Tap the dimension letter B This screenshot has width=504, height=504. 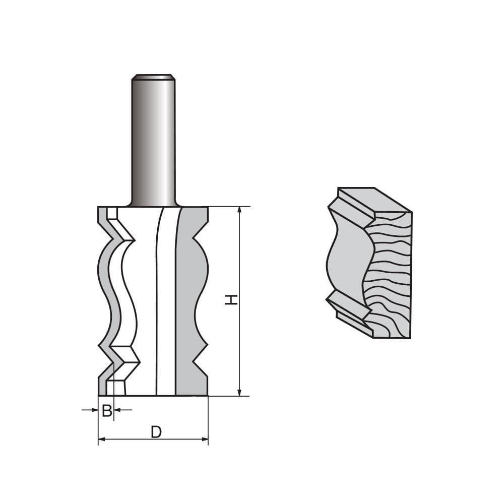107,410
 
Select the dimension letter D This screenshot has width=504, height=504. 156,432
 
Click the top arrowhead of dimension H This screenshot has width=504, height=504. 239,211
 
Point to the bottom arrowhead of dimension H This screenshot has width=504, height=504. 239,392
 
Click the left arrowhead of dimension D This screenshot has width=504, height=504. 102,439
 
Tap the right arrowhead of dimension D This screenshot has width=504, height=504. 205,439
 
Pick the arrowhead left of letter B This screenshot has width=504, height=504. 95,410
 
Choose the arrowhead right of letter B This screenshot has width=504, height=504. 117,410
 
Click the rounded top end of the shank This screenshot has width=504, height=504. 154,77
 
